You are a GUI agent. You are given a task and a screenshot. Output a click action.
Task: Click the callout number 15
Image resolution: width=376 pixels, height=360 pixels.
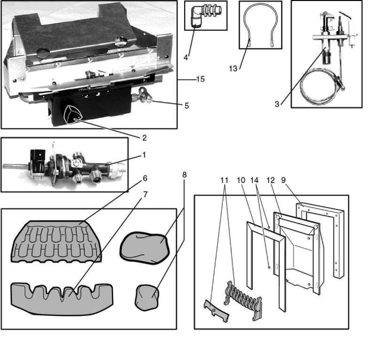click(x=200, y=79)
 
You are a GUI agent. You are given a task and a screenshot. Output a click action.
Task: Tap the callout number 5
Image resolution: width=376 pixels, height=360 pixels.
click(x=187, y=106)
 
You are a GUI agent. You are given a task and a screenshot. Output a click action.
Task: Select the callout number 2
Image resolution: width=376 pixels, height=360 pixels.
click(x=144, y=138)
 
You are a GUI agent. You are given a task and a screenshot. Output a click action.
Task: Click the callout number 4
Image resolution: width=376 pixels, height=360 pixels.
click(x=186, y=58)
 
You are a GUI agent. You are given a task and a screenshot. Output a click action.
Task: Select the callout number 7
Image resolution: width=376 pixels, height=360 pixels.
click(x=145, y=194)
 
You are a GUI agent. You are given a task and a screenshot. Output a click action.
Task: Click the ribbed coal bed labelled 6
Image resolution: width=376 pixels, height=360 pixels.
click(x=56, y=241)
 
